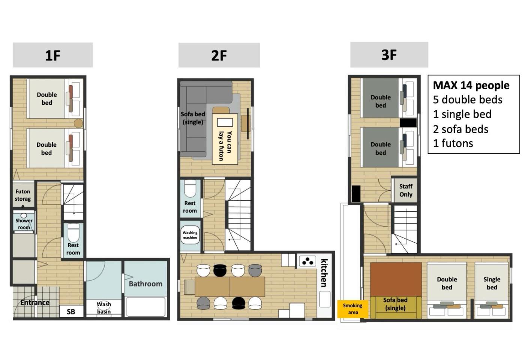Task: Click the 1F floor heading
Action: [x=53, y=55]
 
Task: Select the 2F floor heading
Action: [x=219, y=55]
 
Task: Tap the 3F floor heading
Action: [x=389, y=55]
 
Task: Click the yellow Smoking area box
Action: [x=353, y=309]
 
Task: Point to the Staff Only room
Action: [x=406, y=190]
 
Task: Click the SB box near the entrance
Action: [x=71, y=311]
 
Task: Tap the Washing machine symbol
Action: [x=190, y=235]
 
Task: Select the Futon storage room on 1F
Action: [x=23, y=195]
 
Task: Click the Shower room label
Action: [x=24, y=224]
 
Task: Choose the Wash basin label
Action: [x=104, y=308]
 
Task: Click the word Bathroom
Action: [x=145, y=284]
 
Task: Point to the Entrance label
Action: [x=35, y=302]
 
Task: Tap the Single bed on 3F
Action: [x=492, y=290]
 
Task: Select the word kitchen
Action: [x=324, y=273]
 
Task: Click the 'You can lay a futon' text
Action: [x=225, y=146]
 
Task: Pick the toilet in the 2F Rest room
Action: [x=190, y=188]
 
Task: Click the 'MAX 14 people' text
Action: [x=471, y=86]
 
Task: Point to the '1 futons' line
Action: [x=453, y=143]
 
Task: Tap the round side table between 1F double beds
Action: [x=78, y=123]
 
